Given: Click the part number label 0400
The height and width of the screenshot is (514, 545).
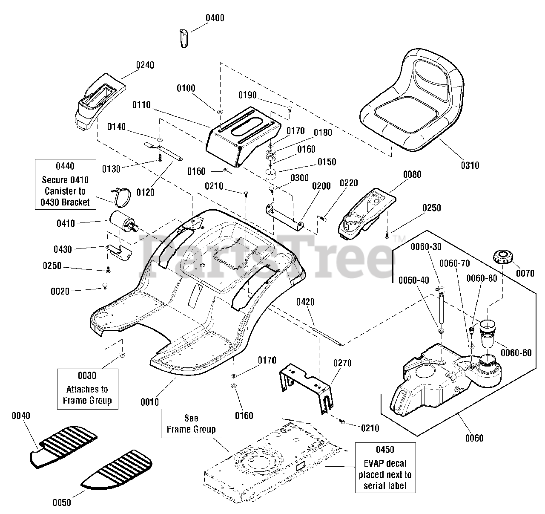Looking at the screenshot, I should pos(215,18).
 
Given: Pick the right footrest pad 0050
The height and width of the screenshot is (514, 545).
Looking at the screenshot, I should pos(117,469).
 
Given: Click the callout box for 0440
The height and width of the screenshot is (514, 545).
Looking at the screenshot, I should pos(65,184).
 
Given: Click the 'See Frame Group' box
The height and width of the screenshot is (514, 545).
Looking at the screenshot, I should pos(191,423).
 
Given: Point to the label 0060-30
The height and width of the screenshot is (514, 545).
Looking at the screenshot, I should pos(425,247).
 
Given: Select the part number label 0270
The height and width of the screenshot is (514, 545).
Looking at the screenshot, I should pos(342,363).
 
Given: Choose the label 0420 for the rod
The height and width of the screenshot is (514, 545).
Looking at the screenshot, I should pos(305,302).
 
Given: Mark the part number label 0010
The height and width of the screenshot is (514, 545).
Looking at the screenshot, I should pos(149,401).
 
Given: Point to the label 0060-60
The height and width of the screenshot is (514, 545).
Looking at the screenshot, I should pos(516,353).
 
